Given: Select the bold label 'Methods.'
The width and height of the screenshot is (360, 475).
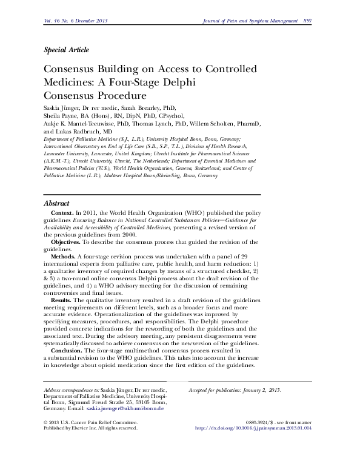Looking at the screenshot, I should coord(67,257).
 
